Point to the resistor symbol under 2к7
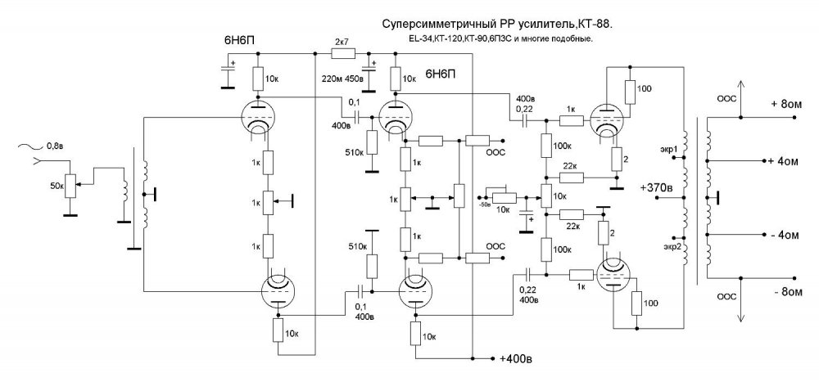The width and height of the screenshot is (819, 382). (x=342, y=54)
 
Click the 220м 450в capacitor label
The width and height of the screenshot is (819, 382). (x=344, y=79)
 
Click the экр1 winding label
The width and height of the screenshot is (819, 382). (x=670, y=150)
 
